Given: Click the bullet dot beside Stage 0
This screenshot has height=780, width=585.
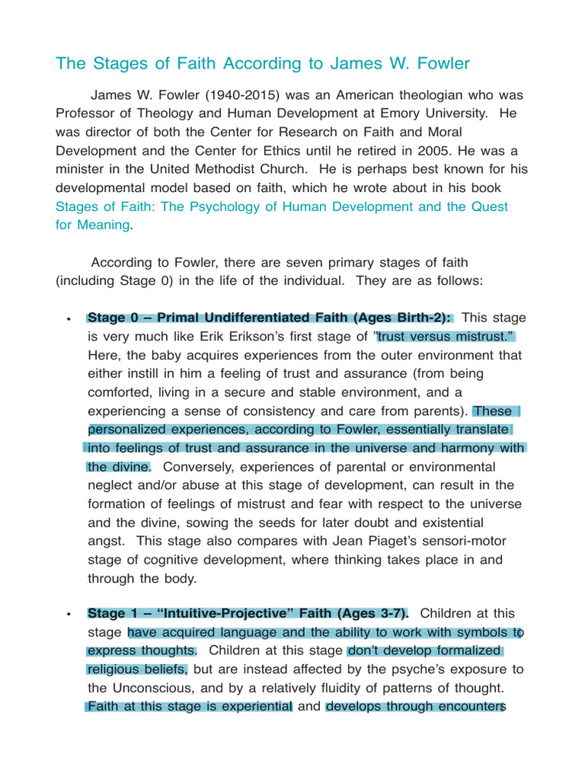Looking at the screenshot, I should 69,318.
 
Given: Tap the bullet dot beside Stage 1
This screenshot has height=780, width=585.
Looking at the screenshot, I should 69,614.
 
